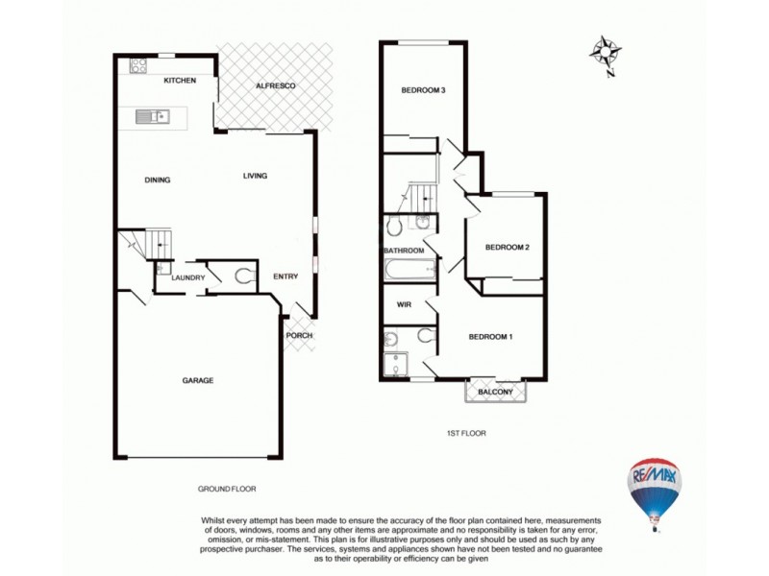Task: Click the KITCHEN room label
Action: (180, 81)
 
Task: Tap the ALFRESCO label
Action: (274, 87)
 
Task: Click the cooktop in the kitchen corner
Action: (136, 66)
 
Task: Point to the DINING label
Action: (158, 180)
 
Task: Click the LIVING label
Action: (255, 176)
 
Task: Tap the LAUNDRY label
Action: (188, 278)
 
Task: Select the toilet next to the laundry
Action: (243, 277)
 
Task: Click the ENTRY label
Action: (285, 276)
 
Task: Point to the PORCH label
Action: (298, 335)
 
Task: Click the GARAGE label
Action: (198, 380)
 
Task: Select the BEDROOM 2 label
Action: (507, 247)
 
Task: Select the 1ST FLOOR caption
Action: (466, 433)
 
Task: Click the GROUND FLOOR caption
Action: (227, 489)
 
